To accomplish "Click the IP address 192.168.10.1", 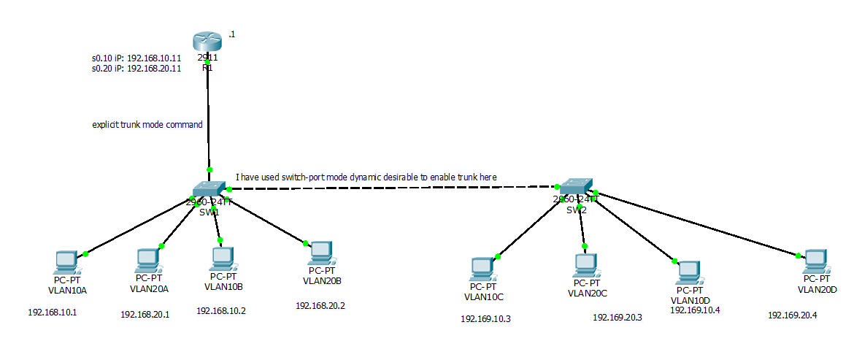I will point(53,313).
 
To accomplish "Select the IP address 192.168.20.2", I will point(320,306).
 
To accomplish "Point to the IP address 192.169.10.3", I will point(485,319).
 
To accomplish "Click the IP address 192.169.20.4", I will point(793,315).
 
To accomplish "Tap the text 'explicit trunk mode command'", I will point(147,125).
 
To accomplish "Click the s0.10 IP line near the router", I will point(136,58).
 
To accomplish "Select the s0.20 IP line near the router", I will point(136,69).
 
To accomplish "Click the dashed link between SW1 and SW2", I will point(394,188).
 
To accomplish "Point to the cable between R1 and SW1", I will point(208,117).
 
